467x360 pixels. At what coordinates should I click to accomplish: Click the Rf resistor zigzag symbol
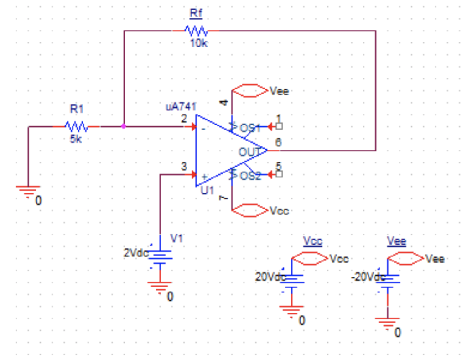coord(196,31)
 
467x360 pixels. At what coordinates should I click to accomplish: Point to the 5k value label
coord(76,140)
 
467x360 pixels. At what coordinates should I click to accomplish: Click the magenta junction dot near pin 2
coord(124,126)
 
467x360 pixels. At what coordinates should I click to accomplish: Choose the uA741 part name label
coord(181,107)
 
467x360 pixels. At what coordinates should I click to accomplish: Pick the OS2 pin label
coord(250,176)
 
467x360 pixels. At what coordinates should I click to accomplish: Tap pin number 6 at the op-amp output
coord(278,142)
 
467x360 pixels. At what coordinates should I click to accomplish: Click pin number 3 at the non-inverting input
coord(184,167)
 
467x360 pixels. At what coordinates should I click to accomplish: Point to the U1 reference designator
coord(208,191)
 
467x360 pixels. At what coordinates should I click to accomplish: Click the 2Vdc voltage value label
coord(135,252)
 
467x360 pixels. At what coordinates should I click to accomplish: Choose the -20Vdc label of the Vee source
coord(368,277)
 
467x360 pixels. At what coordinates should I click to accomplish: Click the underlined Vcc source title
coord(312,241)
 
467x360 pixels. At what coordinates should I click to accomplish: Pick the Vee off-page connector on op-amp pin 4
coord(249,91)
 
